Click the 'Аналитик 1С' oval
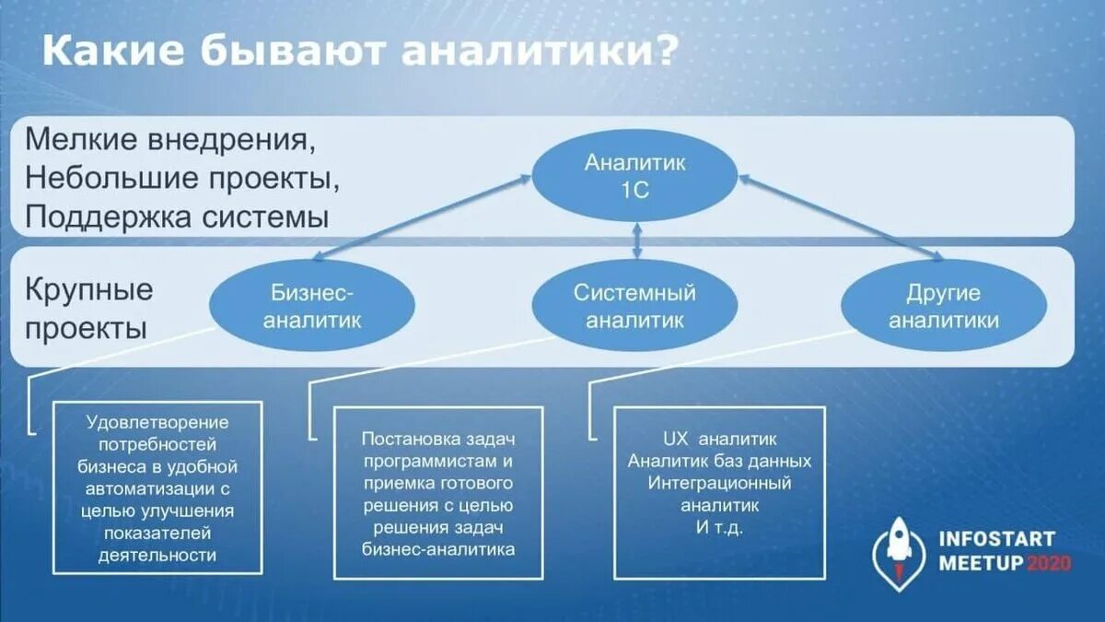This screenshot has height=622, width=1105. pos(635,176)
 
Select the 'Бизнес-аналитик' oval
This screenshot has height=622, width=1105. pos(312,306)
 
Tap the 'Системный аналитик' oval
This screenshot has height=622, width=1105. pos(635,306)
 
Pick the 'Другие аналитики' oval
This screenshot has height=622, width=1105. pos(943,306)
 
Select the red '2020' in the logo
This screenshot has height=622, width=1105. pos(1049,564)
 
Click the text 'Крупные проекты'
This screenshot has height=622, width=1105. pos(87,309)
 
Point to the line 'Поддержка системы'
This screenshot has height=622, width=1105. pos(178,217)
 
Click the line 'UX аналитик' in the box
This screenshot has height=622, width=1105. pos(719,439)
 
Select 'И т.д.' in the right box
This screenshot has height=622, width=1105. pos(719,528)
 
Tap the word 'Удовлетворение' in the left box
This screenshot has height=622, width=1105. pos(157,422)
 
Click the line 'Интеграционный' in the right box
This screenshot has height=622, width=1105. pos(719,483)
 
